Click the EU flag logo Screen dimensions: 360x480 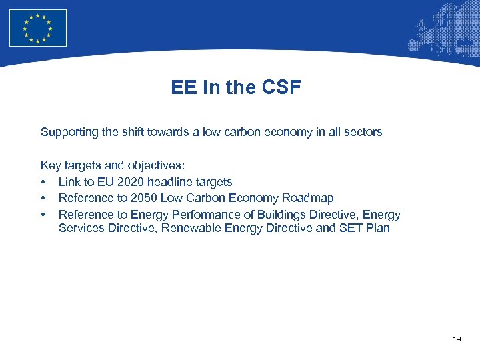click(38, 28)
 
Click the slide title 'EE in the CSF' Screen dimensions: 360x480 click(236, 87)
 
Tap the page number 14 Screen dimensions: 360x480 click(457, 339)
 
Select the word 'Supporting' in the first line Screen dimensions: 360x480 click(69, 132)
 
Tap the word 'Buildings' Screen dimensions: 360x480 click(287, 215)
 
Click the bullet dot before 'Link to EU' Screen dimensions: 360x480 click(43, 183)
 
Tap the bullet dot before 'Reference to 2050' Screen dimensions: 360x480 click(43, 199)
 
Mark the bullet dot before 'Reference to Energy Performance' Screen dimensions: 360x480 click(43, 215)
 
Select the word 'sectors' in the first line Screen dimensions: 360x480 click(362, 132)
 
